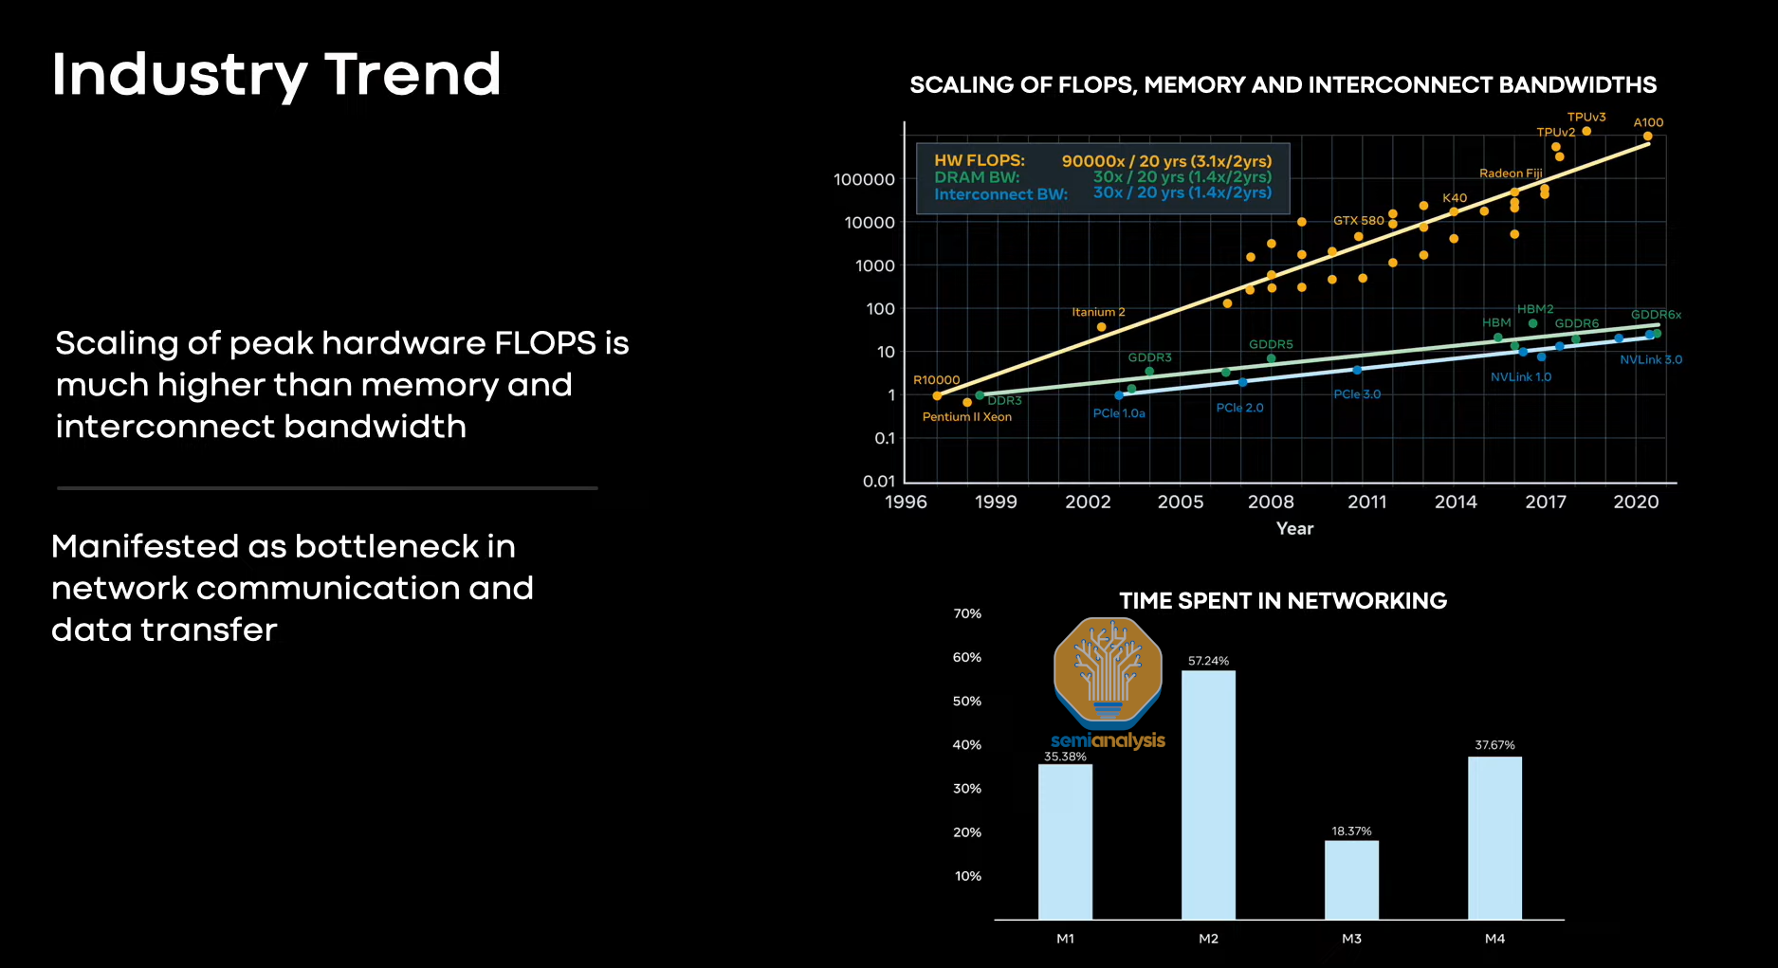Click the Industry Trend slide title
pyautogui.click(x=276, y=75)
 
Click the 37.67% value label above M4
pyautogui.click(x=1494, y=745)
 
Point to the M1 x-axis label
pyautogui.click(x=1065, y=939)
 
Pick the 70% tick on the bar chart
pyautogui.click(x=967, y=613)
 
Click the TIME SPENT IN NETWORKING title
pyautogui.click(x=1283, y=601)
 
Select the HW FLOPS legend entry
pyautogui.click(x=980, y=160)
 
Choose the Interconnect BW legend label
pyautogui.click(x=1000, y=194)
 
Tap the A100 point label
pyautogui.click(x=1648, y=122)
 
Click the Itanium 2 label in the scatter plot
pyautogui.click(x=1098, y=312)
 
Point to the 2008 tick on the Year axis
pyautogui.click(x=1271, y=502)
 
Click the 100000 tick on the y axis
pyautogui.click(x=864, y=179)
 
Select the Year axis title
pyautogui.click(x=1294, y=529)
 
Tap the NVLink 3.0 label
pyautogui.click(x=1650, y=360)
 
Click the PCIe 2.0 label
pyautogui.click(x=1239, y=408)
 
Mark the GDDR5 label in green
pyautogui.click(x=1271, y=345)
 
